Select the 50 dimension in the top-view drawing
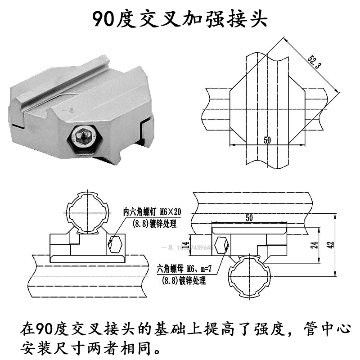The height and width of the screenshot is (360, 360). pos(267,140)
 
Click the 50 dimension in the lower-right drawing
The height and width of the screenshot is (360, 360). pos(249,218)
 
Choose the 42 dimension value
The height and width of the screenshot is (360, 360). pos(331,245)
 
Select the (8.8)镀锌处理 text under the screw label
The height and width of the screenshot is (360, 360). pos(153,224)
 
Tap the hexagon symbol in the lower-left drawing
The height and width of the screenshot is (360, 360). pos(116,243)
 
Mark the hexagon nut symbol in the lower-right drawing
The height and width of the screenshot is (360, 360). pos(222,245)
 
